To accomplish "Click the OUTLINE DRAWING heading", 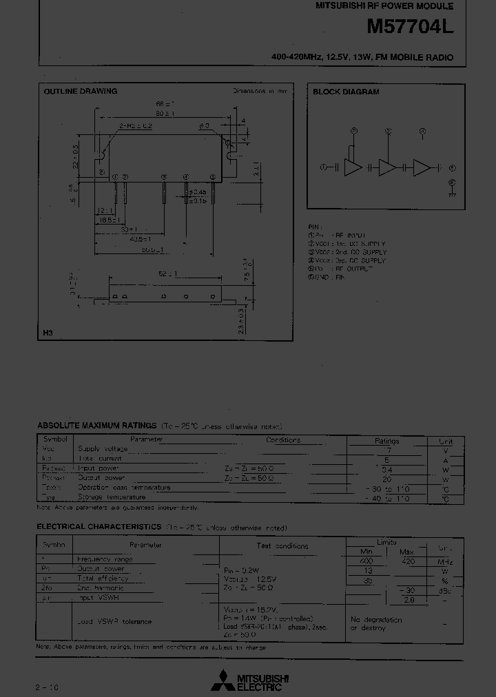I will click(81, 92).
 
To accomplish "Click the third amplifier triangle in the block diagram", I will click(421, 167).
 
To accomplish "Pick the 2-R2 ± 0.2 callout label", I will click(136, 127).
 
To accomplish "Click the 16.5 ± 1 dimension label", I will click(107, 221).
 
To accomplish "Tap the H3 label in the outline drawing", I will click(47, 333).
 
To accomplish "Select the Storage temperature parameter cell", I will click(111, 497).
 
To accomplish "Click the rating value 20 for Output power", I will click(386, 479).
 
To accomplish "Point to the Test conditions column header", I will click(282, 546).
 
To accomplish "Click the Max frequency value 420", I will click(407, 561).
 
